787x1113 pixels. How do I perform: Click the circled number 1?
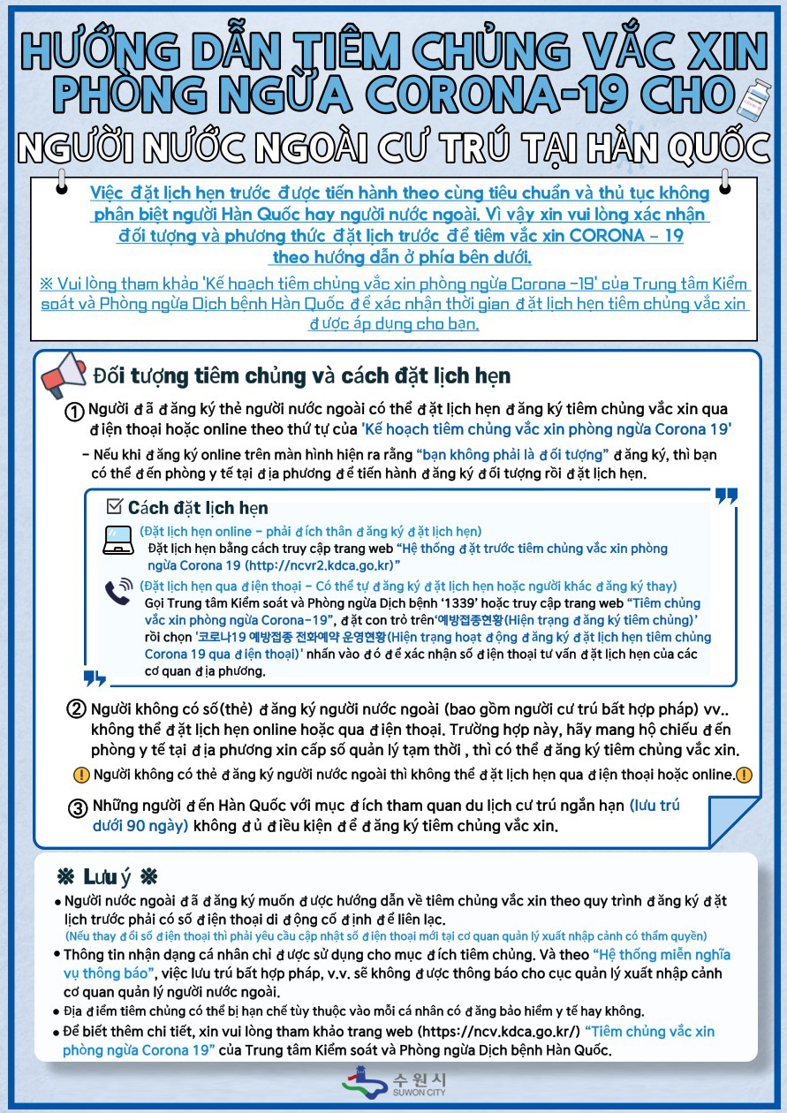[x=76, y=413]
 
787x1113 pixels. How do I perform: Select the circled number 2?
[x=77, y=710]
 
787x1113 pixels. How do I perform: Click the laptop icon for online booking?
[x=117, y=539]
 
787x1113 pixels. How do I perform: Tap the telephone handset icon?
[x=118, y=593]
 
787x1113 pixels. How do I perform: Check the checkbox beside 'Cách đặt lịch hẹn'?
[x=113, y=507]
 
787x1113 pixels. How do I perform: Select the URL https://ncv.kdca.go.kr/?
[x=503, y=1031]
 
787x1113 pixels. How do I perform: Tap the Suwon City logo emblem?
[x=362, y=1083]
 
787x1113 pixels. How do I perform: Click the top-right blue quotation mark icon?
[x=726, y=497]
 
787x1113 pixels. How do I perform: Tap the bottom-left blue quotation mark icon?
[x=95, y=678]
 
